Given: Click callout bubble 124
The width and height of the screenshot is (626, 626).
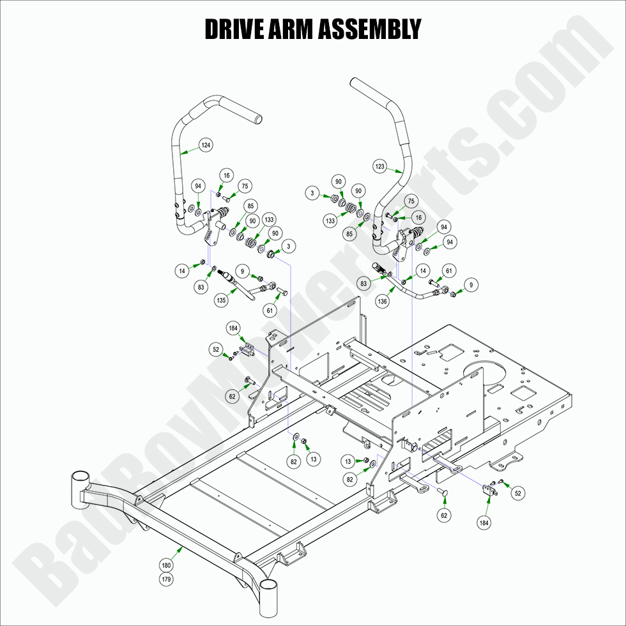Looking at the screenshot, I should click(x=205, y=145).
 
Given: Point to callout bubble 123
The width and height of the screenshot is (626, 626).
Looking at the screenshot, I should click(x=380, y=167).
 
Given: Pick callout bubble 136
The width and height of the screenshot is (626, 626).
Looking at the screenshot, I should click(x=383, y=301).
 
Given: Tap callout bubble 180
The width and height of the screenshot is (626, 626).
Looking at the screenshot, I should click(x=167, y=565).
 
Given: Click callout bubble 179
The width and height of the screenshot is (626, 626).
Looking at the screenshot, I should click(x=167, y=579).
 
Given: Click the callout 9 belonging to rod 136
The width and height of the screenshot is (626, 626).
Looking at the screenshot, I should click(x=472, y=284).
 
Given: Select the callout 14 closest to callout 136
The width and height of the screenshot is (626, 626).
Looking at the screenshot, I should click(x=422, y=271).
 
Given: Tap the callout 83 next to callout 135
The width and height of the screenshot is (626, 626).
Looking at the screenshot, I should click(x=202, y=287).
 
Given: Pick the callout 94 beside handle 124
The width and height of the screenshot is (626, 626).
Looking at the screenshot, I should click(x=198, y=185).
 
